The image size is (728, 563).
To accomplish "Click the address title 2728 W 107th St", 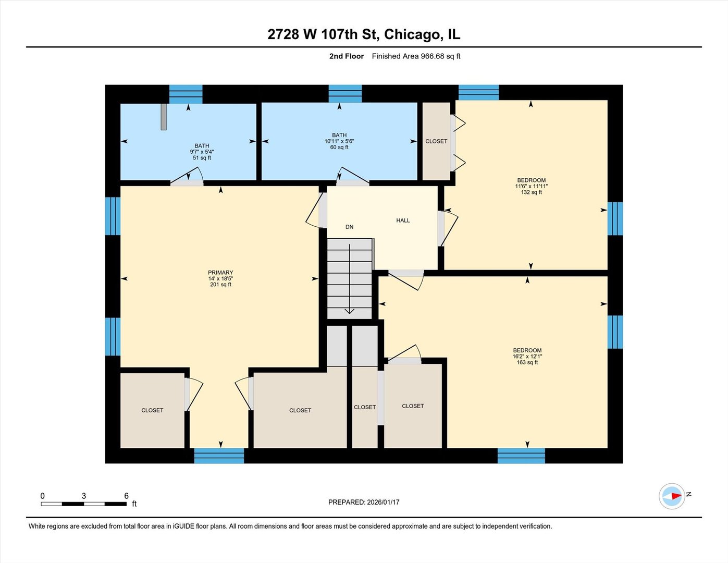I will coord(364,34).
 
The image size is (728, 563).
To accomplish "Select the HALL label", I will coord(403,221).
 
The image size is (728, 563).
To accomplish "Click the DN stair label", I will coord(349,227).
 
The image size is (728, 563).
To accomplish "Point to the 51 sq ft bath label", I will coord(202,152).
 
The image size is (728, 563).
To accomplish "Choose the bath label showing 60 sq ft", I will coord(339,141).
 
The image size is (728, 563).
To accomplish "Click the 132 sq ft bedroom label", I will coord(531,186).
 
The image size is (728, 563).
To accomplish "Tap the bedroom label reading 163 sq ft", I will coord(527,357).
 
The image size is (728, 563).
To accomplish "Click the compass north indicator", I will coord(672,496).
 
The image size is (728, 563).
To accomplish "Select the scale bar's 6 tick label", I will coord(126,496).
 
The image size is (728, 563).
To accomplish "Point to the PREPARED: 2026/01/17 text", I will coord(364,502).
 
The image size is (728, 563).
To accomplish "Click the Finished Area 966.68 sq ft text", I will coord(416,56).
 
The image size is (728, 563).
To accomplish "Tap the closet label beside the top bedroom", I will coord(436,141).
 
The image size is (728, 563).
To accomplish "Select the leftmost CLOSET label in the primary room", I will coord(152,410).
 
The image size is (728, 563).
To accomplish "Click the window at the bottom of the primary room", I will coord(219,456).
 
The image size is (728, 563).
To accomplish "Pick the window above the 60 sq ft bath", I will coord(345,94).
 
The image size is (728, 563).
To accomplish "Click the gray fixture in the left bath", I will coord(163,117).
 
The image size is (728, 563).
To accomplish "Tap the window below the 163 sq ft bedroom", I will coord(521,456).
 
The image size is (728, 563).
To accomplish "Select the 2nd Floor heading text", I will coord(346,56).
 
